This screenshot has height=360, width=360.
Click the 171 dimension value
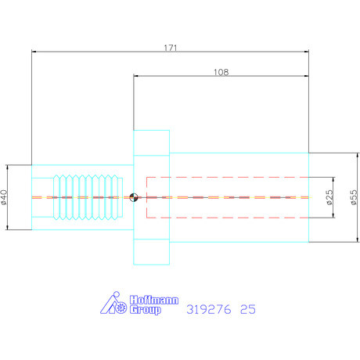point(171,48)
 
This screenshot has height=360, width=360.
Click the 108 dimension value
point(221,72)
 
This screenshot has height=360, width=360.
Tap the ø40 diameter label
point(4,197)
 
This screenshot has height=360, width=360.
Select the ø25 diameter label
point(329,197)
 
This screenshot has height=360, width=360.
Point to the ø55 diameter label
point(354,197)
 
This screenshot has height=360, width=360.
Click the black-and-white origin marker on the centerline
point(134,197)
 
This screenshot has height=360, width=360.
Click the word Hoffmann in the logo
point(154,300)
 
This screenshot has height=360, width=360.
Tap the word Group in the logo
point(146,310)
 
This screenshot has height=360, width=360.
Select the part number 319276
point(209,309)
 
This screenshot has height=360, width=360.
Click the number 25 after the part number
point(248,309)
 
